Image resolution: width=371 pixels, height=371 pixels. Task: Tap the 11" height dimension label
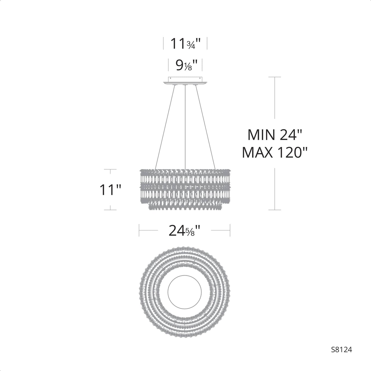click(x=110, y=189)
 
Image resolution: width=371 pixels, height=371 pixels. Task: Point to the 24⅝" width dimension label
click(x=185, y=230)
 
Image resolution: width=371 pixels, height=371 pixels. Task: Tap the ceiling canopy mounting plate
click(x=185, y=81)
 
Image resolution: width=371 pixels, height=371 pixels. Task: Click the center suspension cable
click(x=185, y=127)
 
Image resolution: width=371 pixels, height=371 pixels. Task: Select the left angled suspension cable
click(x=165, y=127)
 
